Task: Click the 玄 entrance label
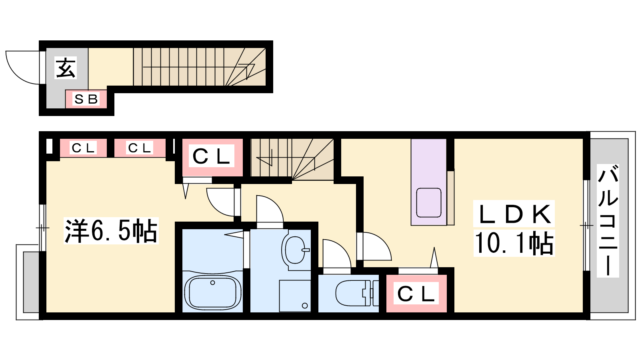click(x=66, y=68)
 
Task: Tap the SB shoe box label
click(x=86, y=99)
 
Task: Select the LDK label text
click(x=514, y=214)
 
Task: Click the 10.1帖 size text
click(x=514, y=243)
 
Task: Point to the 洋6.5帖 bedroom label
click(x=111, y=230)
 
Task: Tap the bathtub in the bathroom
click(x=212, y=292)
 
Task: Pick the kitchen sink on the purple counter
click(x=428, y=202)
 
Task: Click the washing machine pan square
click(x=295, y=296)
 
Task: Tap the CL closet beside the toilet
click(x=416, y=293)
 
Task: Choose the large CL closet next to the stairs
click(x=212, y=157)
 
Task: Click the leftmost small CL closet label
click(x=83, y=148)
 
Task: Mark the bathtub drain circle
click(x=212, y=282)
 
